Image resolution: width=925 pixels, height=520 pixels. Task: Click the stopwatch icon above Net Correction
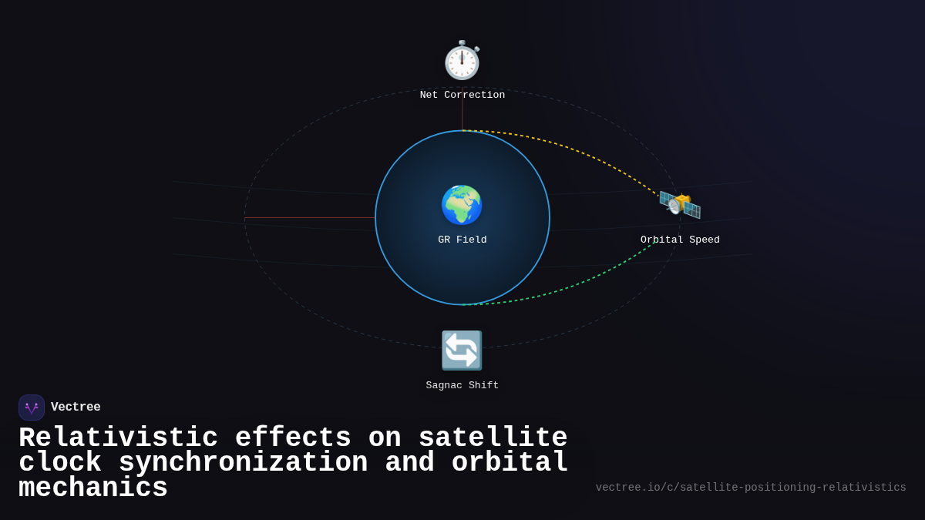tap(462, 61)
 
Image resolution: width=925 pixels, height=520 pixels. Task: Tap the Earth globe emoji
tap(462, 205)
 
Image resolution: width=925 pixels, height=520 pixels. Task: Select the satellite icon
tap(680, 205)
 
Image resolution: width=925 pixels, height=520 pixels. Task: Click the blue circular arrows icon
tap(462, 351)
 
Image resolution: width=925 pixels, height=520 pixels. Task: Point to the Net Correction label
tap(462, 96)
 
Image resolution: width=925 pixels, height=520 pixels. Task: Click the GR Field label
tap(462, 240)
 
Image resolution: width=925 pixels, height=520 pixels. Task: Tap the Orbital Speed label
tap(680, 240)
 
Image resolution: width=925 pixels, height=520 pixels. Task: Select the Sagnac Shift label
tap(462, 386)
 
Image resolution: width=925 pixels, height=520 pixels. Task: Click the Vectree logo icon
tap(32, 408)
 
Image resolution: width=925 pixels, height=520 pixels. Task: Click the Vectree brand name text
tap(76, 408)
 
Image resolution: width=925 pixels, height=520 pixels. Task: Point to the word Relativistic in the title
tap(118, 438)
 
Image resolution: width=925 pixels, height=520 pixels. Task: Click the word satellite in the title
tap(493, 438)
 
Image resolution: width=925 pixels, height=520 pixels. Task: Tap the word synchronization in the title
tap(243, 463)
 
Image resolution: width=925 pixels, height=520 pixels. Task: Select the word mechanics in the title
tap(93, 488)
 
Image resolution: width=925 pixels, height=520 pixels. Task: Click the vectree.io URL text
tap(751, 488)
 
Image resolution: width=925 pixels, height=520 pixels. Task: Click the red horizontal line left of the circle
tap(308, 218)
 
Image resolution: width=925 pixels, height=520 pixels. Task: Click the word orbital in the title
tap(510, 463)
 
